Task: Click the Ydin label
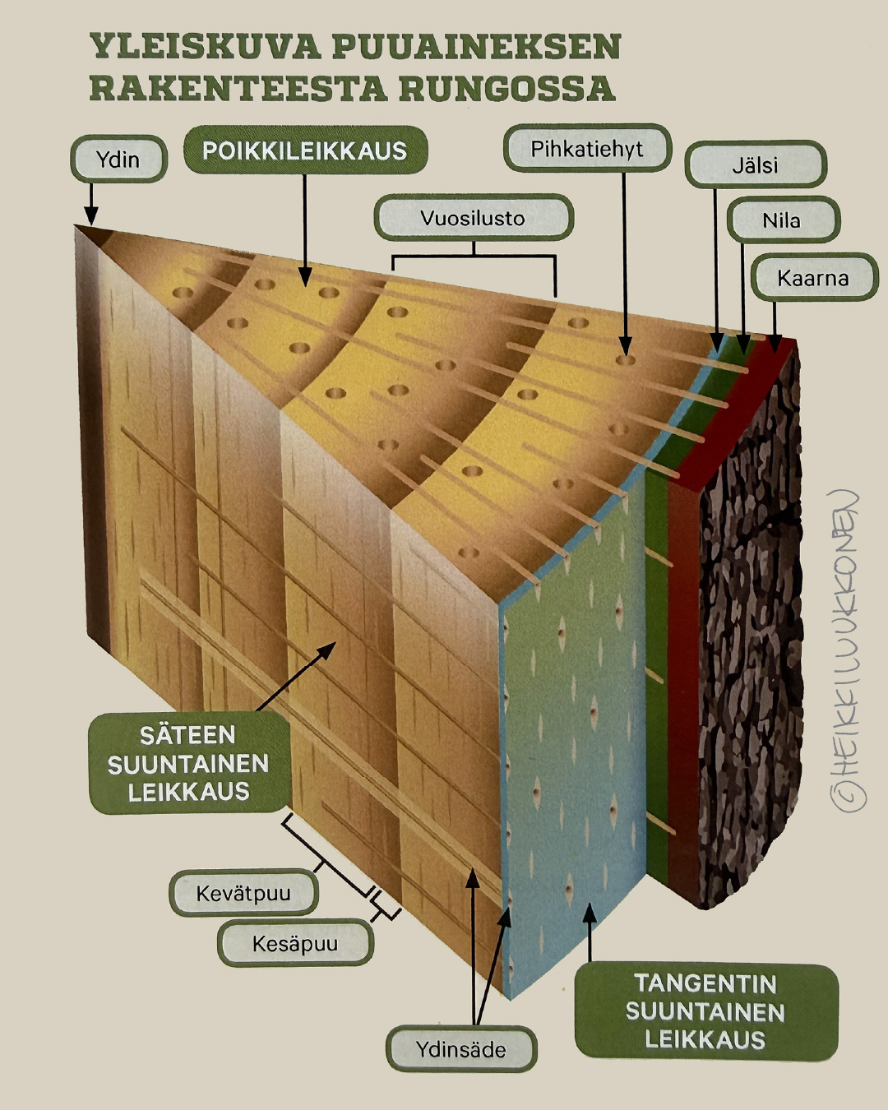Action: (x=118, y=159)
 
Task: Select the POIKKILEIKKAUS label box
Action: (x=304, y=150)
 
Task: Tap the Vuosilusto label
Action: (x=473, y=218)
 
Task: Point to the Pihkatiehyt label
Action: (x=587, y=149)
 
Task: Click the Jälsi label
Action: (x=755, y=164)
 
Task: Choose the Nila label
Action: (x=782, y=220)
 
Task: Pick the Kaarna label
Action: (x=813, y=278)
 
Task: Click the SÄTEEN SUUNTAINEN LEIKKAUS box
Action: (x=188, y=763)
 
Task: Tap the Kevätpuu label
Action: (x=243, y=893)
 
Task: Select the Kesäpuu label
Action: (x=295, y=943)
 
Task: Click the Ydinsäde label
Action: (x=460, y=1049)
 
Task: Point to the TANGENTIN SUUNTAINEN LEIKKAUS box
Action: (x=705, y=1011)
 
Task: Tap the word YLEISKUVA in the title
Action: (x=205, y=46)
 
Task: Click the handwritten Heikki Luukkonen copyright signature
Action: (x=847, y=650)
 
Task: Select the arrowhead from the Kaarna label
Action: (x=774, y=337)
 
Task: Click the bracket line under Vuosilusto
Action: (x=474, y=257)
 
